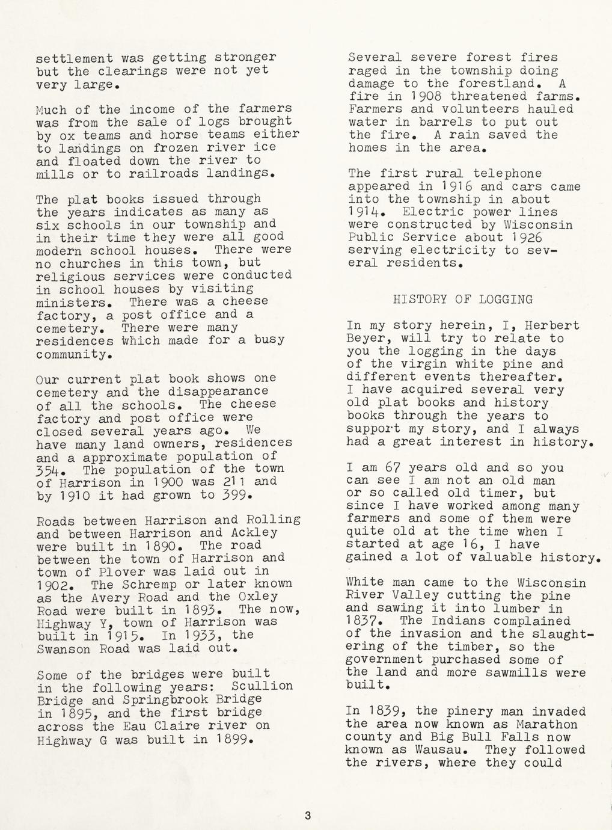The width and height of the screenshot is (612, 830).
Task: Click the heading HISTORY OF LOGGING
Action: coord(462,299)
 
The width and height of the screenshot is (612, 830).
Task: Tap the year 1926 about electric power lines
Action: coord(548,237)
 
